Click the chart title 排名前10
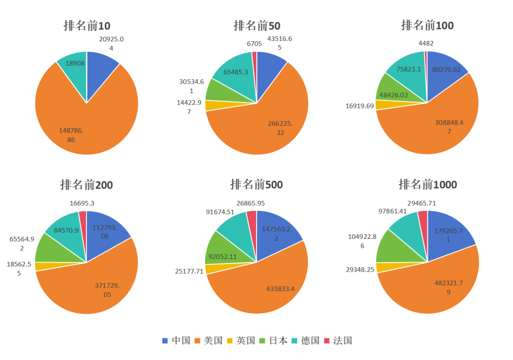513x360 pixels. [x=87, y=26]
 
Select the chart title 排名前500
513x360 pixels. [x=256, y=184]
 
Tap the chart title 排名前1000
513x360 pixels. [x=427, y=184]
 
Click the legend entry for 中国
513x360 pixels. [x=176, y=341]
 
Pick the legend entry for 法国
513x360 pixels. [x=338, y=341]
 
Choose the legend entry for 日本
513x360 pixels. [x=273, y=341]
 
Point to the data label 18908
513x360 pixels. [x=75, y=63]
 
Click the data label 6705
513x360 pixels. [x=254, y=44]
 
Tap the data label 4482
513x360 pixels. [x=426, y=43]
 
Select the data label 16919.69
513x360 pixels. [x=360, y=106]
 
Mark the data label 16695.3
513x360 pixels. [x=82, y=203]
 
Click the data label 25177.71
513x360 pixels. [x=189, y=272]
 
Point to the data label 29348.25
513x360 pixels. [x=360, y=269]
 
